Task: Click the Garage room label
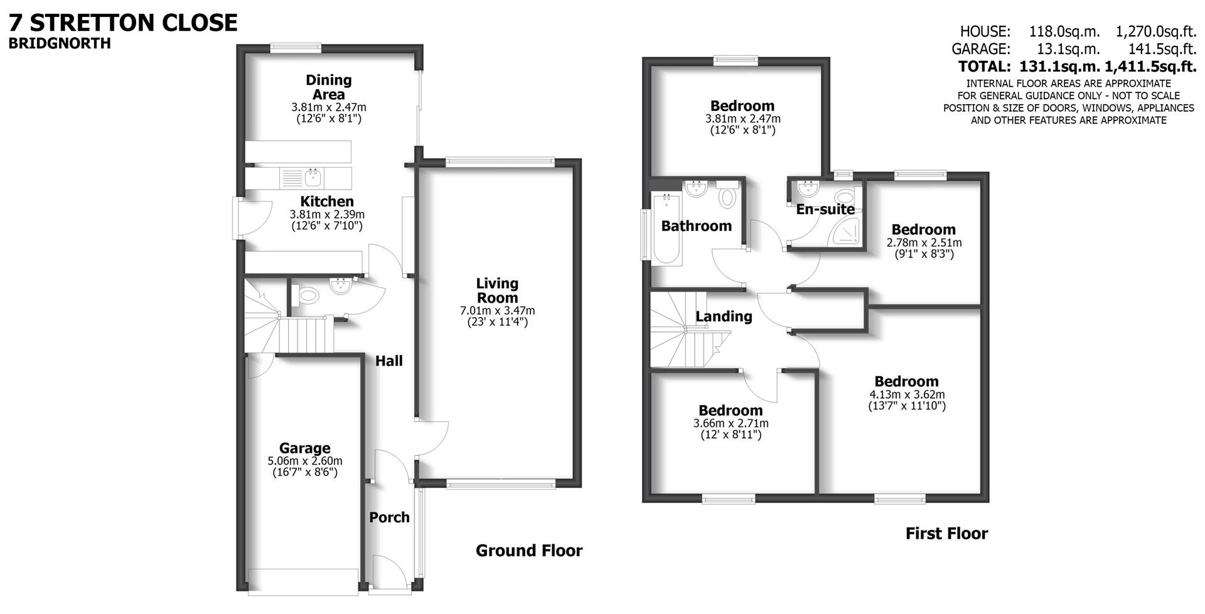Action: tap(304, 448)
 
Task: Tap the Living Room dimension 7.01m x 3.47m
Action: tap(497, 310)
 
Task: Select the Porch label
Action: tap(389, 517)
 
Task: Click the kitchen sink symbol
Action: tap(313, 178)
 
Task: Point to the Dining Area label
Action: tap(328, 87)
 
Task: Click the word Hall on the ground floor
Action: tap(389, 361)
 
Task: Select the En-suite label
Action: tap(825, 209)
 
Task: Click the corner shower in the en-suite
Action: tap(847, 233)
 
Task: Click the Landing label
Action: tap(724, 316)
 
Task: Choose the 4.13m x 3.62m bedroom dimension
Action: tap(906, 394)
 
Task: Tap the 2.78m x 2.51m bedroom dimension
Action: tap(923, 242)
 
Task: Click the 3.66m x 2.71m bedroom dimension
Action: tap(731, 423)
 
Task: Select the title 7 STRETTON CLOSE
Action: tap(123, 23)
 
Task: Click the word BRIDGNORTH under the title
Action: tap(60, 43)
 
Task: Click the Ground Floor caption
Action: tap(529, 551)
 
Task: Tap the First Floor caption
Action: tap(946, 534)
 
